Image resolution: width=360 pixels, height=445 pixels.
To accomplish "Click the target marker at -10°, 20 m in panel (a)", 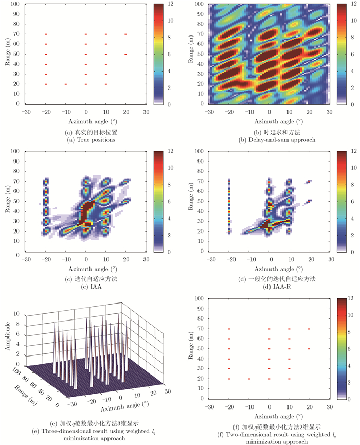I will click(65, 84).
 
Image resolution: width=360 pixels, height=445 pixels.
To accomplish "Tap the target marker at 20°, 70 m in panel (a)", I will click(125, 34).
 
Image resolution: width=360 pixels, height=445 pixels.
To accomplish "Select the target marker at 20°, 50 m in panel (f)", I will click(309, 349).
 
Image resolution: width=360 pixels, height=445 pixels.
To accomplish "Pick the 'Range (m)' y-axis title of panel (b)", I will click(191, 54).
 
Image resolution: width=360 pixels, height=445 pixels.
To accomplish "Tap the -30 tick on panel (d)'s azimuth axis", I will click(209, 261).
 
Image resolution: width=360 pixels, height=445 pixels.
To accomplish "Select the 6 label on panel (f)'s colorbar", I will click(355, 349).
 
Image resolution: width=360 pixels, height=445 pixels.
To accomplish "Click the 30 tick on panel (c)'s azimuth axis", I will click(146, 261).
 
